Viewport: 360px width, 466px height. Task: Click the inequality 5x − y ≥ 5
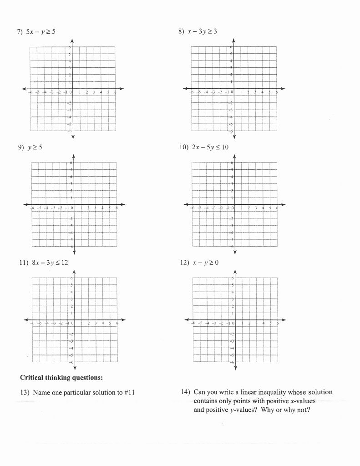point(41,31)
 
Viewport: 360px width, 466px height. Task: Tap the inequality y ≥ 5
point(37,147)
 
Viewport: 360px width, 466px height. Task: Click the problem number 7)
point(20,31)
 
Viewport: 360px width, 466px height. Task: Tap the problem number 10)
point(183,147)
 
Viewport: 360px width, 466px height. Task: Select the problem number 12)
point(183,263)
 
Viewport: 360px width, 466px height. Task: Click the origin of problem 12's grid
point(235,319)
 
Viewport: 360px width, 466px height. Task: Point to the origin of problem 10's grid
point(234,204)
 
